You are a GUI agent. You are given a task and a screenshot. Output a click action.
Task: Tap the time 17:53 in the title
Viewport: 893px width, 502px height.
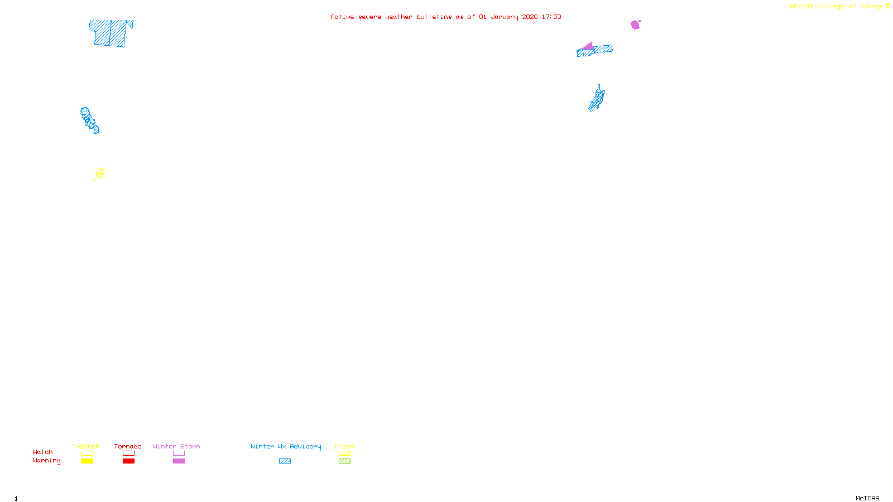coord(551,17)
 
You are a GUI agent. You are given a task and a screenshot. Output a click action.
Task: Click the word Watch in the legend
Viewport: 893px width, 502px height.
coord(43,452)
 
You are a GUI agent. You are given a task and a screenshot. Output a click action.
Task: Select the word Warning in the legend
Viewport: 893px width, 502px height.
coord(46,461)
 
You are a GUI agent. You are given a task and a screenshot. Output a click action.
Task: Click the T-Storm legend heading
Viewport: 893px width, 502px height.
coord(86,446)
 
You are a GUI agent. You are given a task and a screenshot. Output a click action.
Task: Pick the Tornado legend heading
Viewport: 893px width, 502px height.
coord(128,446)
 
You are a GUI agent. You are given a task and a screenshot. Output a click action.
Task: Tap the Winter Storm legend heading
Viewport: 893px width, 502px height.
coord(176,446)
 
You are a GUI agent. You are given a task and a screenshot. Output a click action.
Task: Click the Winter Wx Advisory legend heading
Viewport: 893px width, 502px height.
coord(286,446)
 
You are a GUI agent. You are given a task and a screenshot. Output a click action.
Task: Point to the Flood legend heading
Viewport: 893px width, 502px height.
coord(344,446)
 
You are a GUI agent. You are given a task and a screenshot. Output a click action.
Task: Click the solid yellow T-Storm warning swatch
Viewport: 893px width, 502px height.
coord(87,461)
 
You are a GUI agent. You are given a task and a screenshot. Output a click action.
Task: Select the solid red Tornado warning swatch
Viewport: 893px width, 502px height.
coord(128,461)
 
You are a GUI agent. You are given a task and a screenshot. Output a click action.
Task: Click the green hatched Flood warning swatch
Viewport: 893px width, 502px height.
coord(344,461)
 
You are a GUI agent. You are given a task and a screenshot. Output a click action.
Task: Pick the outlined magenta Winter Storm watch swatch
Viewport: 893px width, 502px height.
coord(179,453)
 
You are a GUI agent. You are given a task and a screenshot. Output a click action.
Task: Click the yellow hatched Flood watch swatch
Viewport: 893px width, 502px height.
coord(344,453)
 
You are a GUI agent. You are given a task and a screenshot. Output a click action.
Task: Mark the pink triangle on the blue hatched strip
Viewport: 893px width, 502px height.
coord(589,46)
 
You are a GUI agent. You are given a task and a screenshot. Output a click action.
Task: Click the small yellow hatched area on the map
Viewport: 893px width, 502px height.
coord(100,173)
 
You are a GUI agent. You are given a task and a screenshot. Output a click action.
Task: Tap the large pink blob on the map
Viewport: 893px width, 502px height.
coord(635,25)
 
